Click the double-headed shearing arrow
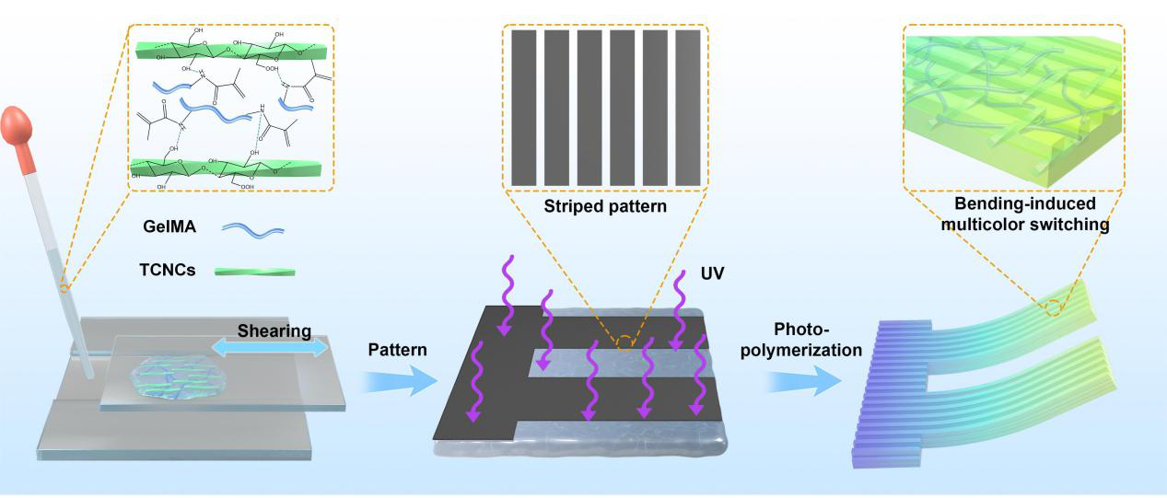point(269,347)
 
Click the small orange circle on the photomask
point(624,344)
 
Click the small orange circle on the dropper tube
point(64,288)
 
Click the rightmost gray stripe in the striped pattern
point(687,107)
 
